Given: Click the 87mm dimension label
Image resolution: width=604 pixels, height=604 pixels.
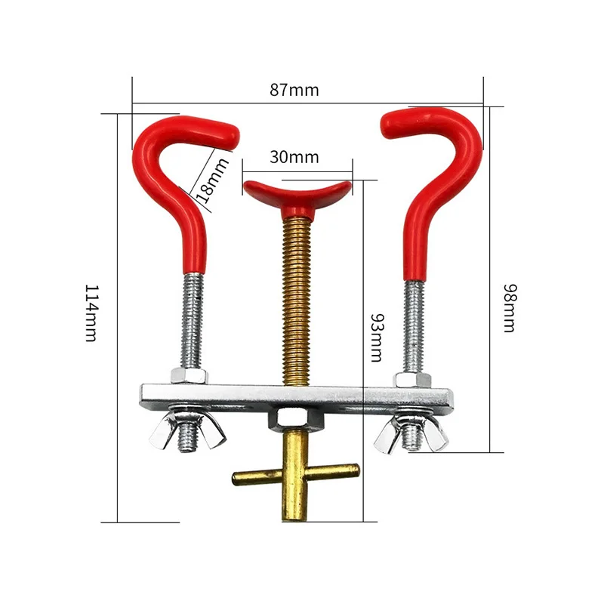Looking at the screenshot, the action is pos(294,90).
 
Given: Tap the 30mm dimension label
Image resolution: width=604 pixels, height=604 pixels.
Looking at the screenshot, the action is pos(294,157).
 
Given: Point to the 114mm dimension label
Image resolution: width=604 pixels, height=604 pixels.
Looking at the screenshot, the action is pos(92,313).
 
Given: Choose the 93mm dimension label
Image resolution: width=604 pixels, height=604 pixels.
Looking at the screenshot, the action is pos(377,337).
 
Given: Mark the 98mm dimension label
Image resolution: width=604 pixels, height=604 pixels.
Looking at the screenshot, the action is pos(510,308).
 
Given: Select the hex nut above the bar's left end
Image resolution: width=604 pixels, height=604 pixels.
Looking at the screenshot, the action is pos(190,375).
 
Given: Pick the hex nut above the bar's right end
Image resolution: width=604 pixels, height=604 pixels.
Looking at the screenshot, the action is pos(412,380).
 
